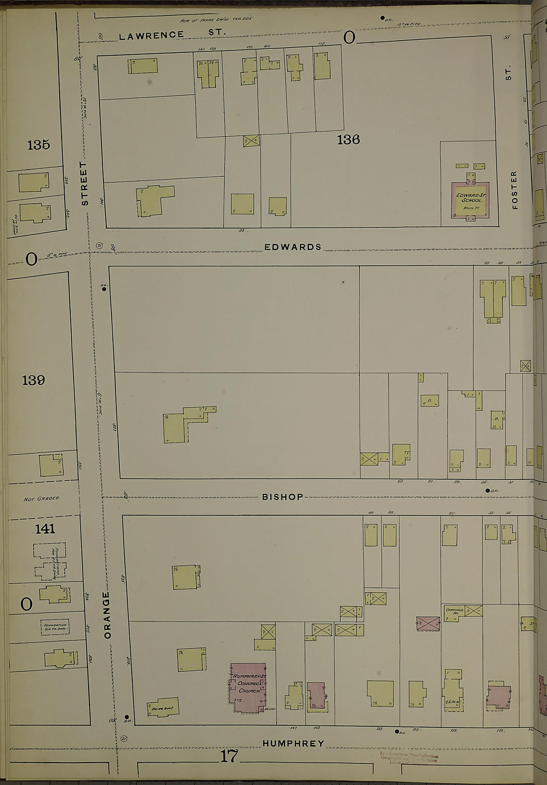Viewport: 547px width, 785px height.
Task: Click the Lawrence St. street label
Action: click(172, 34)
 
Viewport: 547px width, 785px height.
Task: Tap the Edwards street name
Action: click(292, 247)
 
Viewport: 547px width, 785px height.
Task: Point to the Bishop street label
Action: click(282, 497)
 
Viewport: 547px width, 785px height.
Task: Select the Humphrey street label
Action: click(293, 743)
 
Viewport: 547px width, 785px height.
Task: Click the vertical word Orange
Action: click(107, 615)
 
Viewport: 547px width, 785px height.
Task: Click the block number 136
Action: click(348, 140)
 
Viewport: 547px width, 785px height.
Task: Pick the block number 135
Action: click(39, 145)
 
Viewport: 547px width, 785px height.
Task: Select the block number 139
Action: click(33, 380)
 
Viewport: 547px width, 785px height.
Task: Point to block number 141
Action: click(45, 529)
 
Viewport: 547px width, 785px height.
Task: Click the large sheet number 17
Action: click(229, 756)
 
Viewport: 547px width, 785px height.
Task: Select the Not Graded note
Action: click(41, 498)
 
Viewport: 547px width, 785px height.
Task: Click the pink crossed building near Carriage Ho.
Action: click(428, 623)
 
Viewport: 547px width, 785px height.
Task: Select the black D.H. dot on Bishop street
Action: click(487, 491)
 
